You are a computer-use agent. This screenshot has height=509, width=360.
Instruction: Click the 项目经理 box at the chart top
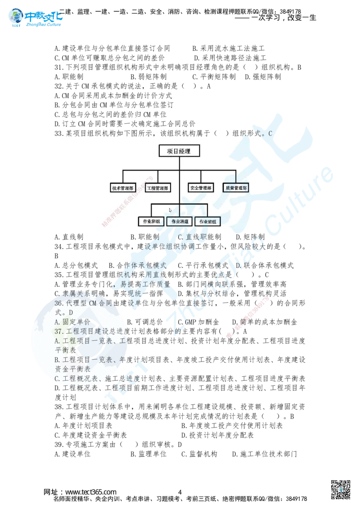click(179, 151)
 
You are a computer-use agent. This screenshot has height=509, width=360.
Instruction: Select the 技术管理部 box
click(122, 188)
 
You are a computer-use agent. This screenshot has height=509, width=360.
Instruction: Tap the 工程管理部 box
click(157, 188)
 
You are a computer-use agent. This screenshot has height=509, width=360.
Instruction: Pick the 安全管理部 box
click(201, 188)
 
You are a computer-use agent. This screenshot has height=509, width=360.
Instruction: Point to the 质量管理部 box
click(236, 188)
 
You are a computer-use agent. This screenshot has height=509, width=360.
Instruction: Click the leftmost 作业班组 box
click(151, 221)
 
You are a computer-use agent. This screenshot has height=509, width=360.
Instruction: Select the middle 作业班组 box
click(179, 221)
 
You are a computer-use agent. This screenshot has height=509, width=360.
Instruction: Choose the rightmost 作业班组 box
click(207, 221)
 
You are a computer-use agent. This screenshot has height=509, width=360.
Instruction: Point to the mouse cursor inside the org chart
click(170, 210)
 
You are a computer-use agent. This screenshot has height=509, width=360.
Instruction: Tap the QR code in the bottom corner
click(341, 489)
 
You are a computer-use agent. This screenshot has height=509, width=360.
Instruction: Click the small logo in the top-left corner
click(35, 18)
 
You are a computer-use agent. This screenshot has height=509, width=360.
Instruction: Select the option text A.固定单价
click(72, 322)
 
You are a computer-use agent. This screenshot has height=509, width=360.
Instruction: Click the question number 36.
click(59, 304)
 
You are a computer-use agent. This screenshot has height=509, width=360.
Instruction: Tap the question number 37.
click(59, 331)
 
